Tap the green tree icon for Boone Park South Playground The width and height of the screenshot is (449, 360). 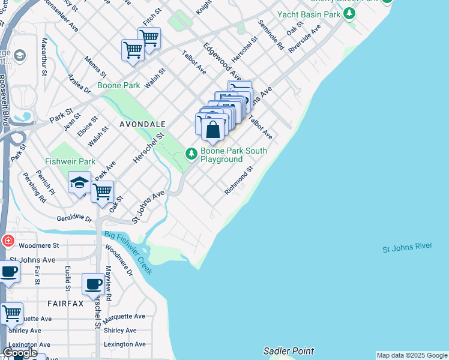point(191,155)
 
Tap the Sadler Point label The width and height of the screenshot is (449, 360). point(288,351)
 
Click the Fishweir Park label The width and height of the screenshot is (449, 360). point(70,162)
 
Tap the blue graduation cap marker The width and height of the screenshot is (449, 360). point(79,184)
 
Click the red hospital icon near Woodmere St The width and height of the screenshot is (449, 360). point(7,241)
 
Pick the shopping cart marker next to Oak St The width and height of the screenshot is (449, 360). point(103,193)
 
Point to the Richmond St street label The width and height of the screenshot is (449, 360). point(239,181)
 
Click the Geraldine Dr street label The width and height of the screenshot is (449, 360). point(74,218)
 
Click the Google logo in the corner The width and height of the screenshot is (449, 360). point(20,353)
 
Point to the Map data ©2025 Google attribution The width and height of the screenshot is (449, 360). point(412,355)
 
